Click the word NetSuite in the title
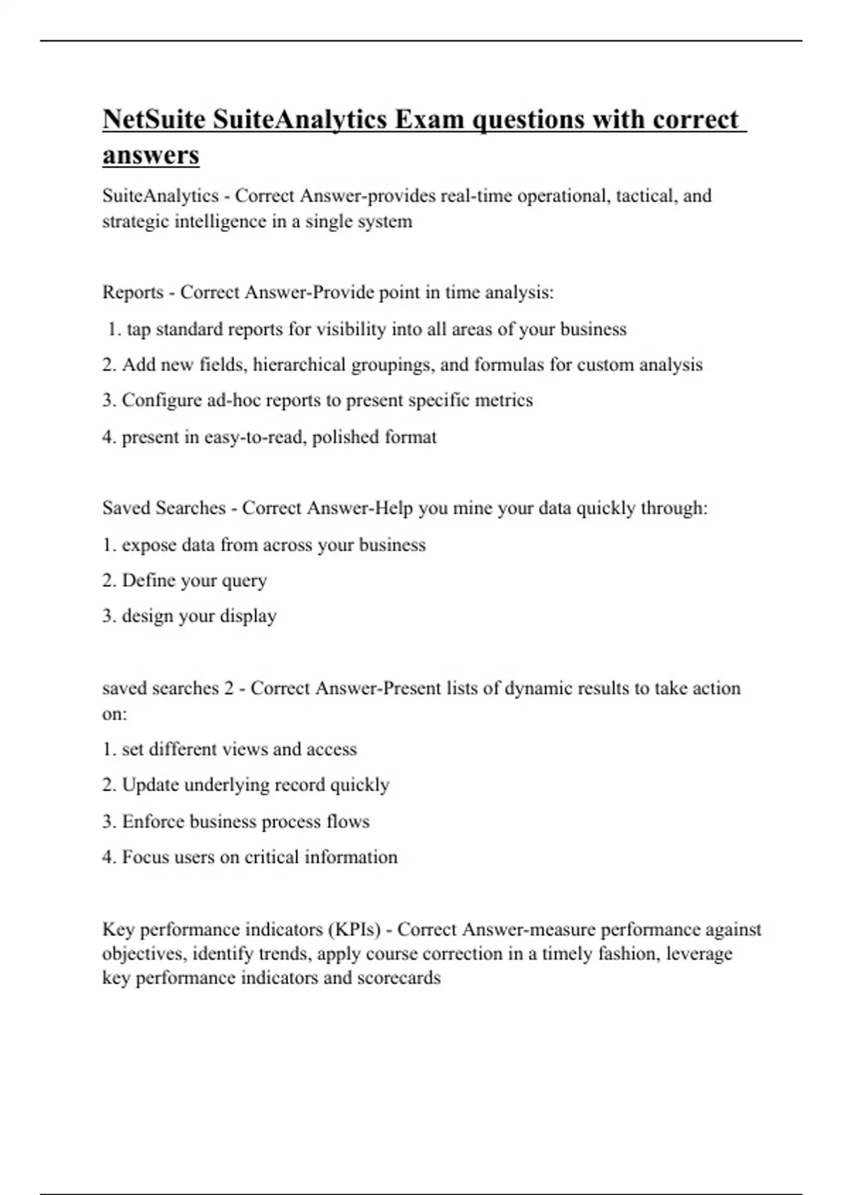point(154,119)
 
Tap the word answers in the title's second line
point(151,155)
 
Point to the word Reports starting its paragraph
point(133,292)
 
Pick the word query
point(244,581)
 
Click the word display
point(248,616)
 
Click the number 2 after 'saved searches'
point(229,688)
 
